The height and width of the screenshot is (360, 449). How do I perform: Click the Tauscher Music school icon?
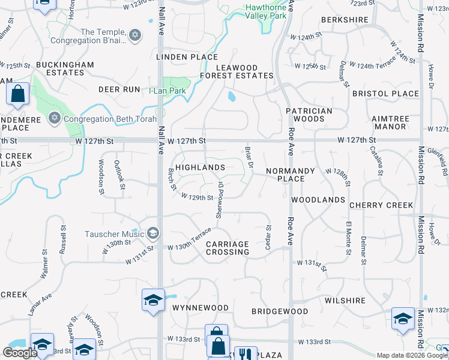(x=152, y=233)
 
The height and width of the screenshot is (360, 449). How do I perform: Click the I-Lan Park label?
(x=167, y=91)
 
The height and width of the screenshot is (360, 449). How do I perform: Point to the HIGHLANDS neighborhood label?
(x=200, y=167)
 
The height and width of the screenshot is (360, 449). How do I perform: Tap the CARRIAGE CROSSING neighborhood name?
(x=228, y=248)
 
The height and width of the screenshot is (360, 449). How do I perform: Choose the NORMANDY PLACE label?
(x=291, y=175)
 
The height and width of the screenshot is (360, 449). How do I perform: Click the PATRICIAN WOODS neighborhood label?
(x=309, y=115)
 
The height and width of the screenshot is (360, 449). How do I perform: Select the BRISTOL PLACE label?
(x=385, y=94)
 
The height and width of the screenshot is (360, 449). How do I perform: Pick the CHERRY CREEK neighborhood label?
(x=381, y=205)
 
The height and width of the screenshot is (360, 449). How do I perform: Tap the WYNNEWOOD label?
(x=200, y=308)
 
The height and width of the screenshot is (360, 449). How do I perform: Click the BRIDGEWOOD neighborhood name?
(x=280, y=311)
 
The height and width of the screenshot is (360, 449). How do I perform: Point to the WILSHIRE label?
(x=345, y=301)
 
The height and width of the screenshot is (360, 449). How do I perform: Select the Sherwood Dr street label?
(x=220, y=200)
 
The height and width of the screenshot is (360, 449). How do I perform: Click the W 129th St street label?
(x=197, y=197)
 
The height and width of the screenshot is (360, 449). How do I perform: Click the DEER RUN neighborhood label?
(x=119, y=89)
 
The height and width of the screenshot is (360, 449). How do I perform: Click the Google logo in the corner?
(x=20, y=352)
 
